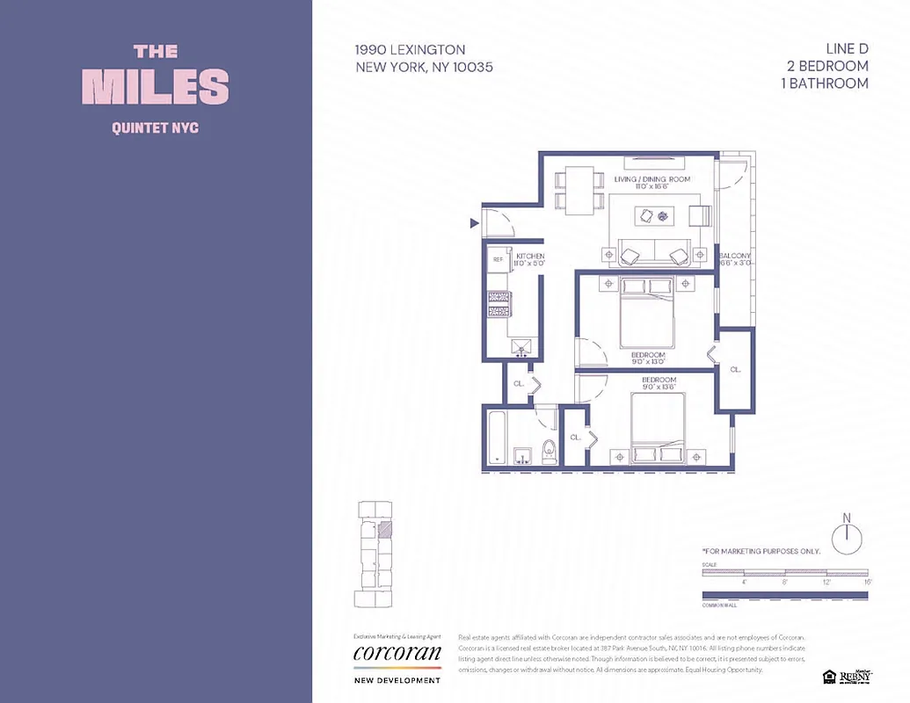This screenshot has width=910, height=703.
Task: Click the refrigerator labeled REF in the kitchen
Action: click(498, 260)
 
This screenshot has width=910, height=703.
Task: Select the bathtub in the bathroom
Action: click(497, 438)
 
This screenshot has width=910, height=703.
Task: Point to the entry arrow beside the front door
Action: click(475, 224)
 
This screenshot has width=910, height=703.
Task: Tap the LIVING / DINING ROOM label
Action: click(652, 179)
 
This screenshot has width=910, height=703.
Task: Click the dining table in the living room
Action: click(579, 191)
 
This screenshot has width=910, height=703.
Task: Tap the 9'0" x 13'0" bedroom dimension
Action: click(647, 361)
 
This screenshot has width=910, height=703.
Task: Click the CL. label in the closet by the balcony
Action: click(735, 370)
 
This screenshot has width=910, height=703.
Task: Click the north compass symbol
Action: click(847, 537)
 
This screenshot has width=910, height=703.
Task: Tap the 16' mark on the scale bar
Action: click(867, 582)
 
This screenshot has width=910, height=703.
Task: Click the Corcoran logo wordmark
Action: click(397, 654)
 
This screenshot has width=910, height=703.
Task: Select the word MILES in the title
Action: click(156, 86)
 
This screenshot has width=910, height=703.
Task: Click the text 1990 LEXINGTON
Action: click(410, 50)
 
